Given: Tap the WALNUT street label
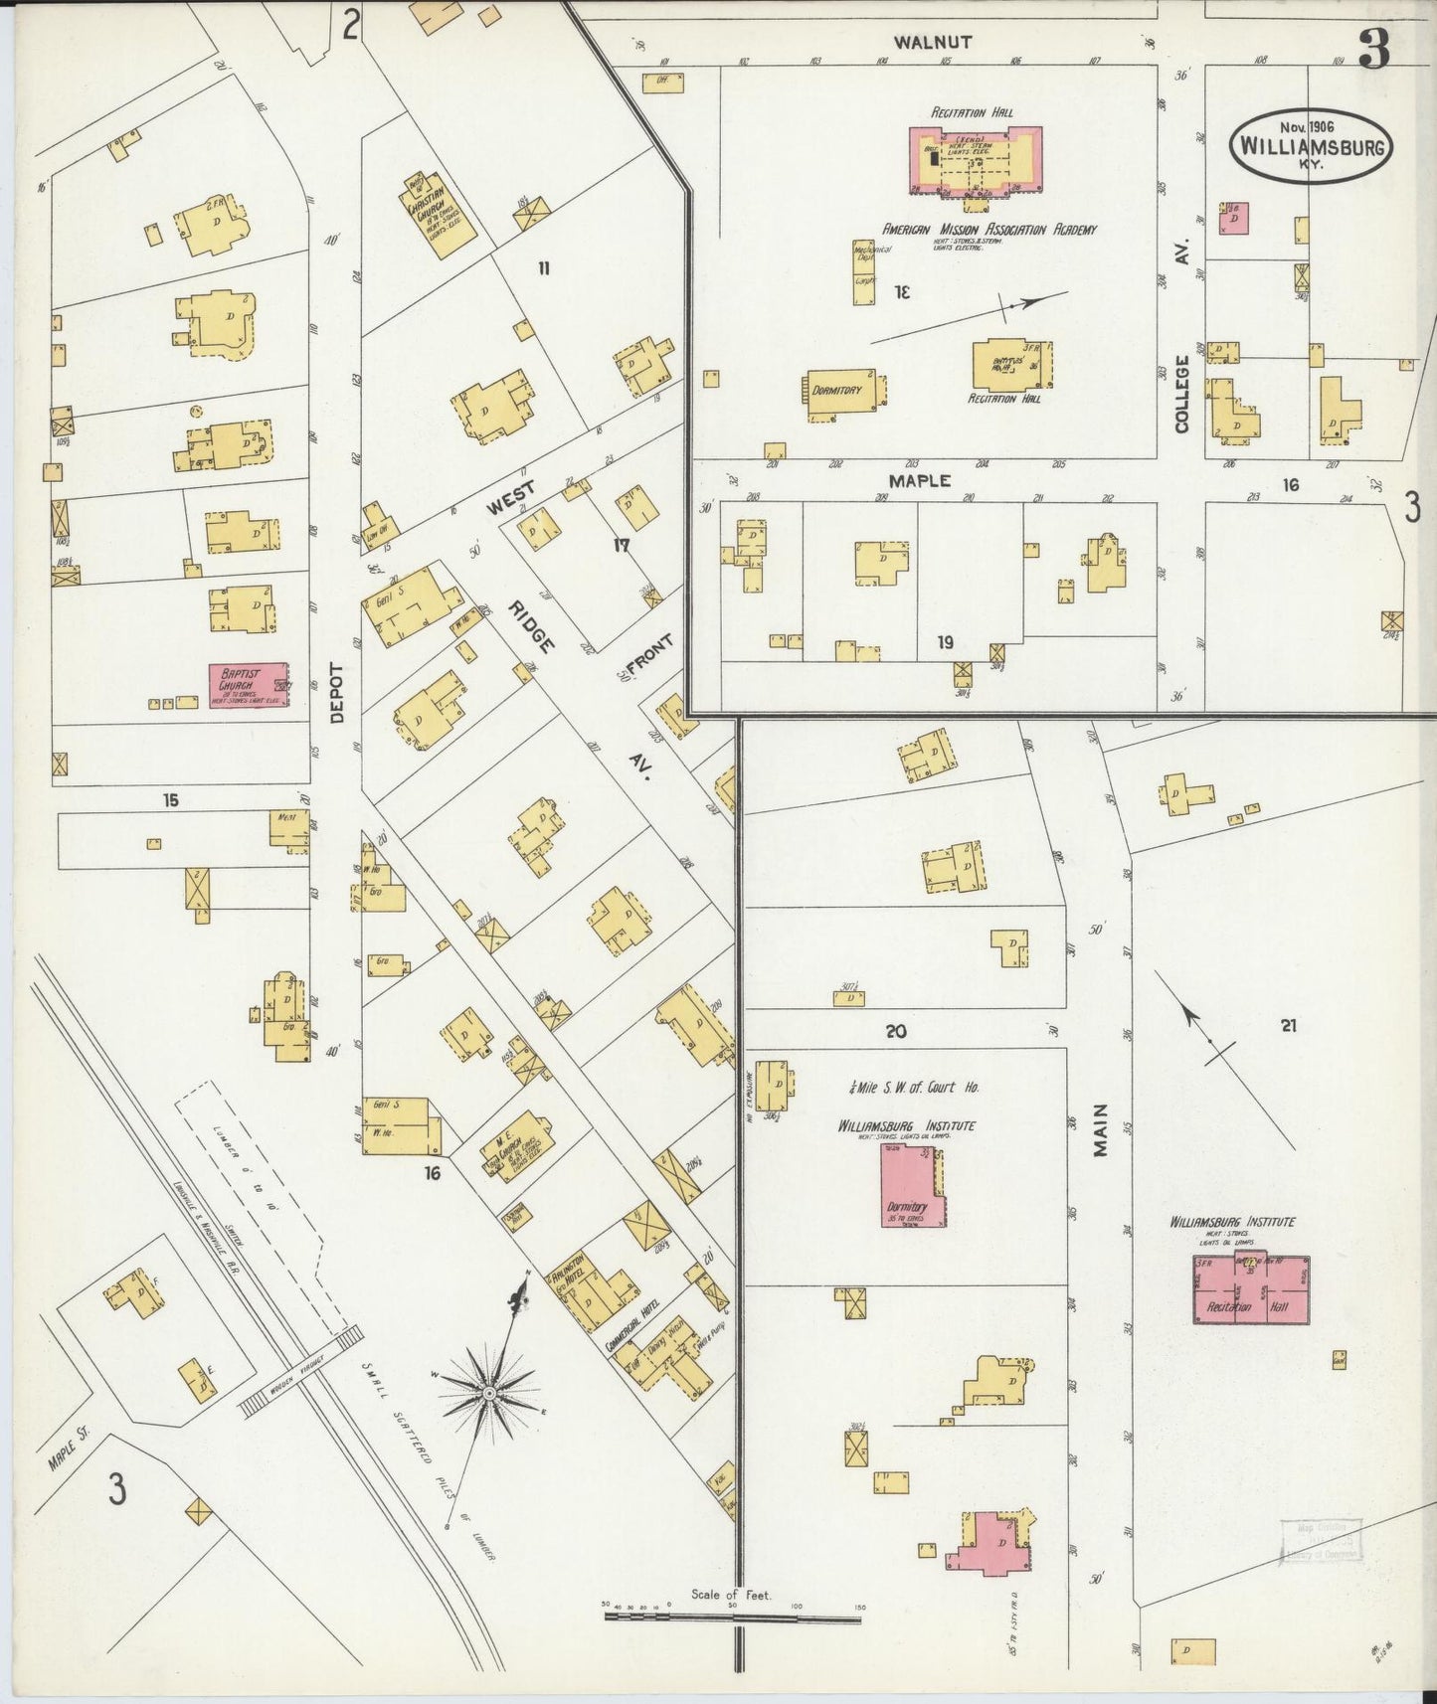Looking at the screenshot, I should click(x=932, y=42).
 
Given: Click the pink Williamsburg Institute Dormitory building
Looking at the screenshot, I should click(x=913, y=1185).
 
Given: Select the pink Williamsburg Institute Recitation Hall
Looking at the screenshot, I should click(x=1251, y=1289).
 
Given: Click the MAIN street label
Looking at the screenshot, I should click(x=1100, y=1131).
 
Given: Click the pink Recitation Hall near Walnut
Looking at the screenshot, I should click(x=977, y=159).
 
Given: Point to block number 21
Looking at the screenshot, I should click(x=1289, y=1025).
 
